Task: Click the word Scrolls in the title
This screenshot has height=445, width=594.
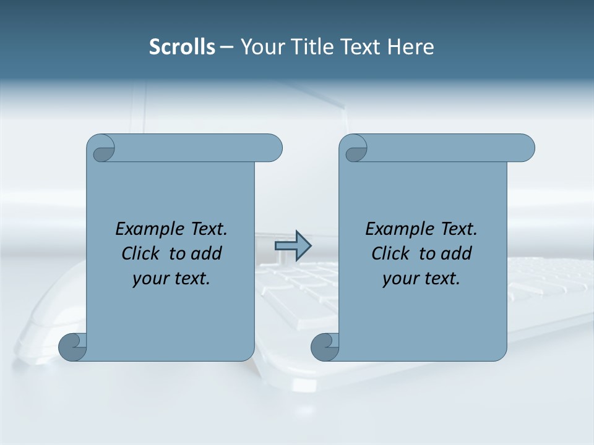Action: click(x=182, y=47)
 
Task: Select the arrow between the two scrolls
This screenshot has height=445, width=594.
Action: click(x=293, y=246)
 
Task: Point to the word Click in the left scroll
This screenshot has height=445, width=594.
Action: click(x=140, y=253)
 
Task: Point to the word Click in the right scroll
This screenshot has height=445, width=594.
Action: click(x=390, y=253)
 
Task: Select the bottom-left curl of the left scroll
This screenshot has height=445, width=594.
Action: click(x=72, y=346)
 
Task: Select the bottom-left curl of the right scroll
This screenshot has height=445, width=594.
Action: click(x=324, y=346)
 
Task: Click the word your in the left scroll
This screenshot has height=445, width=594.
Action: click(x=148, y=279)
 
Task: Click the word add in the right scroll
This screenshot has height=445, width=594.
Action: click(x=457, y=253)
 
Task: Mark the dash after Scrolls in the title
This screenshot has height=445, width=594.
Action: click(x=226, y=47)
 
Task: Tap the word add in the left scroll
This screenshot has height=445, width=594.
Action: click(x=207, y=253)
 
